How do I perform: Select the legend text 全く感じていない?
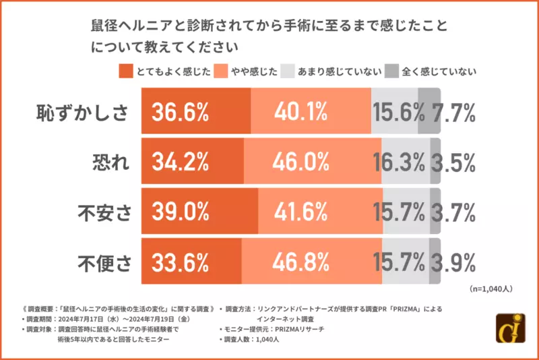[439, 71]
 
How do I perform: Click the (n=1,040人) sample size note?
[490, 289]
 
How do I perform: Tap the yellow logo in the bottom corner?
[510, 330]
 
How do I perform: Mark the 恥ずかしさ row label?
[82, 112]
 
